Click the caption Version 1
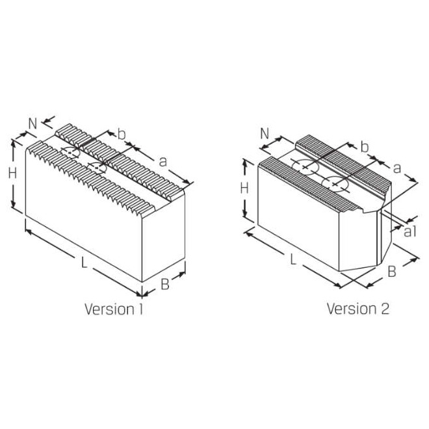coord(114,308)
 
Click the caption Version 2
coord(357,308)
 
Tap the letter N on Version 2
coord(265,133)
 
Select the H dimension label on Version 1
coord(12,174)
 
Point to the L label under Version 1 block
coord(84,263)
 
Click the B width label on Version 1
coord(164,284)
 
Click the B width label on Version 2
coord(391,272)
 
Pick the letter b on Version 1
coord(122,134)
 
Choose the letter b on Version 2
coord(364,148)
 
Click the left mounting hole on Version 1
coord(71,153)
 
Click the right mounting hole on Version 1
coord(97,168)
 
